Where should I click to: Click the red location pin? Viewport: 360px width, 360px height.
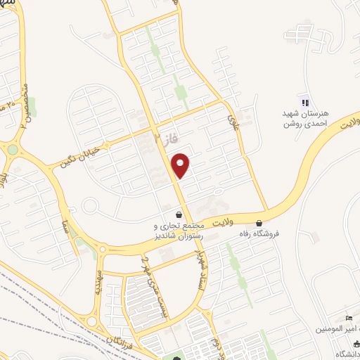181,165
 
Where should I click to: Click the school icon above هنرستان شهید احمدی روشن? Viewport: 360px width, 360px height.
304,103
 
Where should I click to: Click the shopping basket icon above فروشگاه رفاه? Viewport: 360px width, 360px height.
259,222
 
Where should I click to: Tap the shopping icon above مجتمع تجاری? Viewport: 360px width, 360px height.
179,214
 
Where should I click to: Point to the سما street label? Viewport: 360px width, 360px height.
65,227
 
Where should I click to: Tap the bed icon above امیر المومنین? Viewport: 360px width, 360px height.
349,318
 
